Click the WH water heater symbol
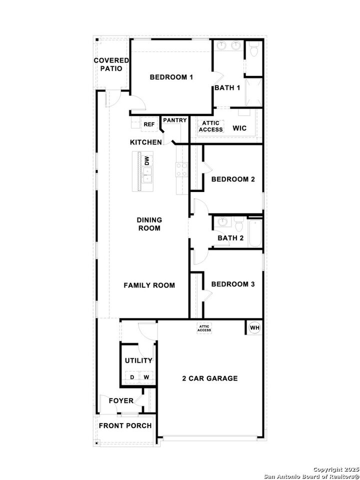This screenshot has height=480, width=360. pos(254,328)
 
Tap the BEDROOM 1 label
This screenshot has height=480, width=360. pos(171,77)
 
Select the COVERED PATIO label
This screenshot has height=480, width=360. pos(111,64)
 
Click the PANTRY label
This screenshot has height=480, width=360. pos(174,120)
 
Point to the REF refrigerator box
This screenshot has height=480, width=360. pos(148,124)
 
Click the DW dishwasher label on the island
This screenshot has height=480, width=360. pos(147,160)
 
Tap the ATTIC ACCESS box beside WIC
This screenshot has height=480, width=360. pos(211,126)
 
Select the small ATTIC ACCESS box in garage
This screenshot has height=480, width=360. pos(204,328)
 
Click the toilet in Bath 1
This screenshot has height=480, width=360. pos(254,50)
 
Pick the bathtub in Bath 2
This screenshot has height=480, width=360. pos(255,233)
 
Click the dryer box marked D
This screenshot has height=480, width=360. pos(132,377)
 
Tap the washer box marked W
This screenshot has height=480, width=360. pos(146,377)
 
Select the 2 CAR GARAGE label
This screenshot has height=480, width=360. pos(209,378)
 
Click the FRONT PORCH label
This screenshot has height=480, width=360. pos(125,425)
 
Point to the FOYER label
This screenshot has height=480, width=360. pos(121,400)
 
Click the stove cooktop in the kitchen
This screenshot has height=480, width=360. pos(180,169)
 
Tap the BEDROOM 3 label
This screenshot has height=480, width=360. pos(233,284)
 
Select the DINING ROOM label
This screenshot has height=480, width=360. pos(149,224)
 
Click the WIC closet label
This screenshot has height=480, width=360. pos(239,128)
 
